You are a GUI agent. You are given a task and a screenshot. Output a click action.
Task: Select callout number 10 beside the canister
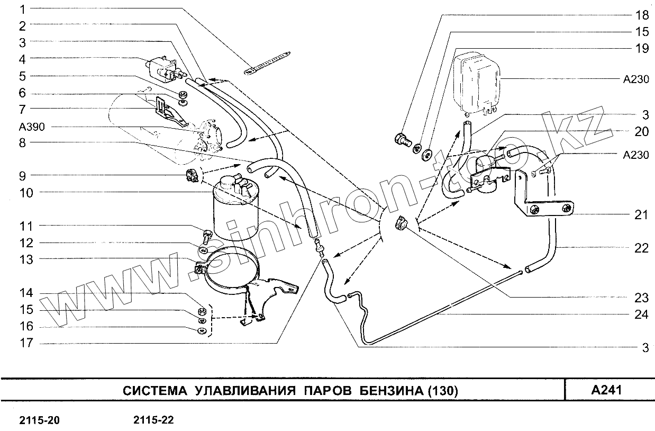click(x=26, y=192)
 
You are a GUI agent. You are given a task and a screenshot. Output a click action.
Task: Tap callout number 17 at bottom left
click(x=26, y=343)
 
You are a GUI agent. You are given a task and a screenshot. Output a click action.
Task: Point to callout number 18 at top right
click(x=641, y=15)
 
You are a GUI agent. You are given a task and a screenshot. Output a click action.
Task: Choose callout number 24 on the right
click(x=641, y=314)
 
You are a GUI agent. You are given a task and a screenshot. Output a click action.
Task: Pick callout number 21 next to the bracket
click(x=641, y=214)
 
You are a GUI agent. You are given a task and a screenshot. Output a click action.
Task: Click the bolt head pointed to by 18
click(x=403, y=140)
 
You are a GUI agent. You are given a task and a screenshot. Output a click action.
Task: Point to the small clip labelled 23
click(x=401, y=223)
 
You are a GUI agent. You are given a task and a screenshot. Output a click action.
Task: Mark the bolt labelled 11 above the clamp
click(x=207, y=234)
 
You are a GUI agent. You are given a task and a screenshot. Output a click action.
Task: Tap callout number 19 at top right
click(x=641, y=49)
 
